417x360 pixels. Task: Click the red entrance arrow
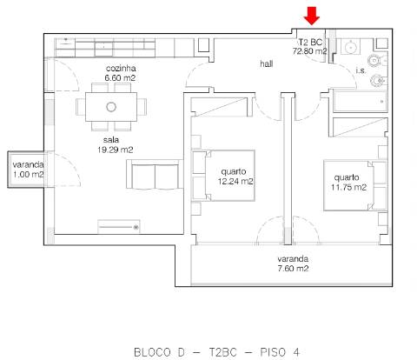(x=312, y=16)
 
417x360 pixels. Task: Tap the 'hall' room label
(x=267, y=64)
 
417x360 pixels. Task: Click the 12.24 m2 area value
(x=236, y=182)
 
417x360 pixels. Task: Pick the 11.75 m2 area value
(x=348, y=186)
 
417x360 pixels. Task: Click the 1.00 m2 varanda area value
(x=28, y=175)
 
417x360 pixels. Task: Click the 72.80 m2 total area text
(x=310, y=51)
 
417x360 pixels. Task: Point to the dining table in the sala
(x=111, y=107)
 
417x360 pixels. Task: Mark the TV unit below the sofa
(x=118, y=225)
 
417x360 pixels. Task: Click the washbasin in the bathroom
(x=353, y=46)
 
